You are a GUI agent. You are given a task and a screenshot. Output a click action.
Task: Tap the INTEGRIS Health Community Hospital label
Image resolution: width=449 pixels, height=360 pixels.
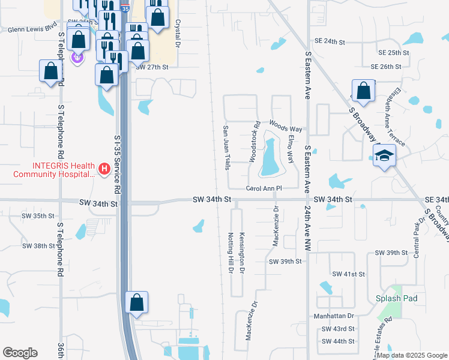(53, 170)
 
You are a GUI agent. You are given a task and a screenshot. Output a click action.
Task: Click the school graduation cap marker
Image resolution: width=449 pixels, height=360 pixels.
(384, 157)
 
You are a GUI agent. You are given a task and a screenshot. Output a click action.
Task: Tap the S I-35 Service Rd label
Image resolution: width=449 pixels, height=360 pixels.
(118, 163)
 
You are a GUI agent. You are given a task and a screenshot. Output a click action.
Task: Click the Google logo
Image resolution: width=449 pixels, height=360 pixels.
(20, 353)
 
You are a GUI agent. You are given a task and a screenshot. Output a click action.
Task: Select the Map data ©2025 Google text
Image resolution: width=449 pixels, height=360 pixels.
(412, 355)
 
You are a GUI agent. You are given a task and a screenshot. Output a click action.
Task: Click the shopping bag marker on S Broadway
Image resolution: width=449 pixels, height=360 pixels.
(363, 91)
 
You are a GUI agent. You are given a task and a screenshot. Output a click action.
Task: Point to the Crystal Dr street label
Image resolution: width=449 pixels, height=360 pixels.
(178, 36)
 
